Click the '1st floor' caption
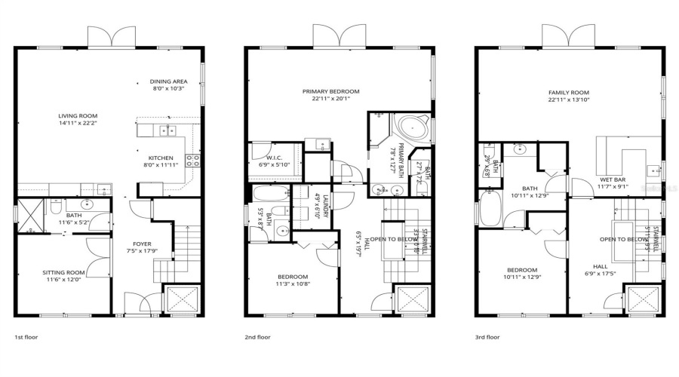26,337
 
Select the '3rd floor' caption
487,337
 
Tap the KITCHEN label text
171,158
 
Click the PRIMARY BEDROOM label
330,91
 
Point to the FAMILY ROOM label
568,93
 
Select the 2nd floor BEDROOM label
292,276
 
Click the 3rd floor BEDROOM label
521,269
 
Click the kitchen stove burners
192,159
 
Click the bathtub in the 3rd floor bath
491,209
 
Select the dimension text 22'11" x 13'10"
568,100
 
